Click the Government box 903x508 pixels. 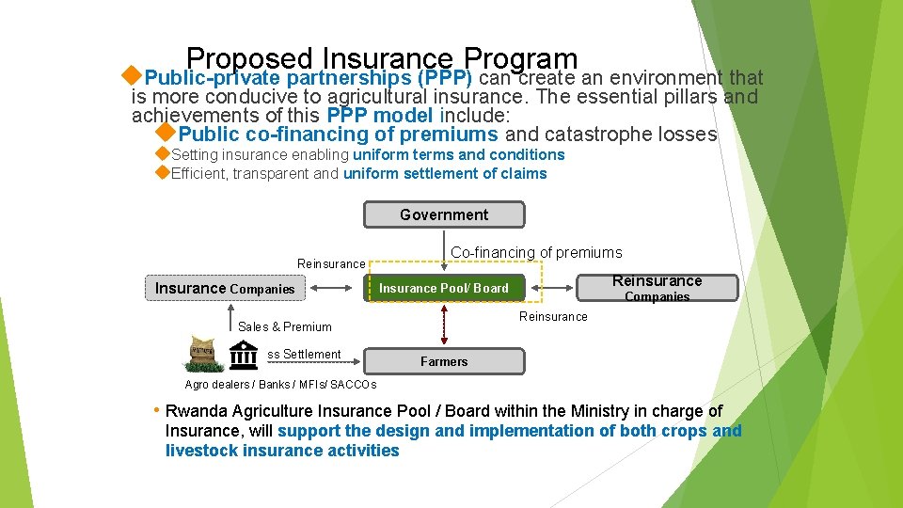click(x=444, y=214)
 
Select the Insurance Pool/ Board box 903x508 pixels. click(x=443, y=288)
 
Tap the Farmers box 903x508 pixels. click(x=444, y=361)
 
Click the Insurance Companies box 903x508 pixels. click(x=225, y=288)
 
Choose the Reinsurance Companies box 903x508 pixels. click(x=657, y=288)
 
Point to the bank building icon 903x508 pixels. click(x=244, y=356)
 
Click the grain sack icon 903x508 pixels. click(x=203, y=354)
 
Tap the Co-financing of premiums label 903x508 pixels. click(x=536, y=252)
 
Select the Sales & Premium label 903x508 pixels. click(x=284, y=326)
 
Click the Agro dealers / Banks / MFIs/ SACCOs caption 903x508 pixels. click(x=280, y=384)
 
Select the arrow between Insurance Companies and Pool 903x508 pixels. click(x=336, y=288)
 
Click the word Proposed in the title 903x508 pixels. click(x=249, y=59)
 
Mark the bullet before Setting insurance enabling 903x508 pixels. click(x=162, y=153)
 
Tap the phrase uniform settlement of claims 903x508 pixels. click(x=444, y=173)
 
